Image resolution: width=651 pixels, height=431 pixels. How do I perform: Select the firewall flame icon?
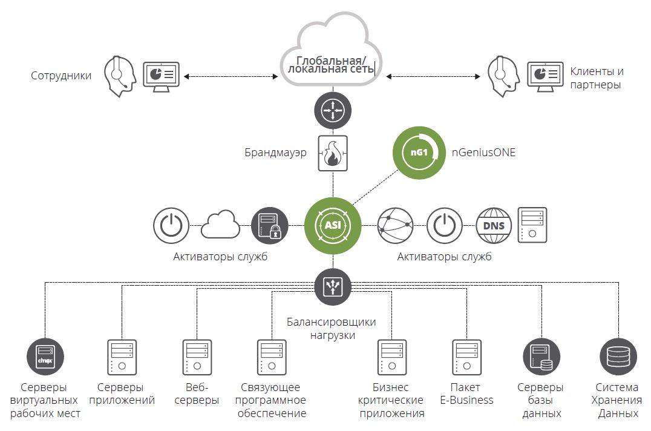pos(332,153)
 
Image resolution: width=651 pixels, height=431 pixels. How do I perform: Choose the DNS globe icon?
pos(494,226)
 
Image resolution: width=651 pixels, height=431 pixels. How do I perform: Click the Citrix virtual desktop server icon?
pos(46,357)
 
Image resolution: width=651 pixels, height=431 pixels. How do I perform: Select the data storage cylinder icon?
pos(617,357)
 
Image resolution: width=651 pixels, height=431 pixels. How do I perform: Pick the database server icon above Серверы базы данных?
pos(541,357)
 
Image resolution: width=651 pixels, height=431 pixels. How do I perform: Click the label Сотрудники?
pos(61,76)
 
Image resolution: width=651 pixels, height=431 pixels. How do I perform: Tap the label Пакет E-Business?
pos(466,393)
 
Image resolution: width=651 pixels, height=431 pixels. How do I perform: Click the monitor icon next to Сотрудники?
pos(161,76)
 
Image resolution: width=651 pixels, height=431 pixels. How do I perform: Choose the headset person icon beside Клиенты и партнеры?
pos(502,76)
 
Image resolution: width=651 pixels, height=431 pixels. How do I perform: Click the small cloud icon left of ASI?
pos(220,225)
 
